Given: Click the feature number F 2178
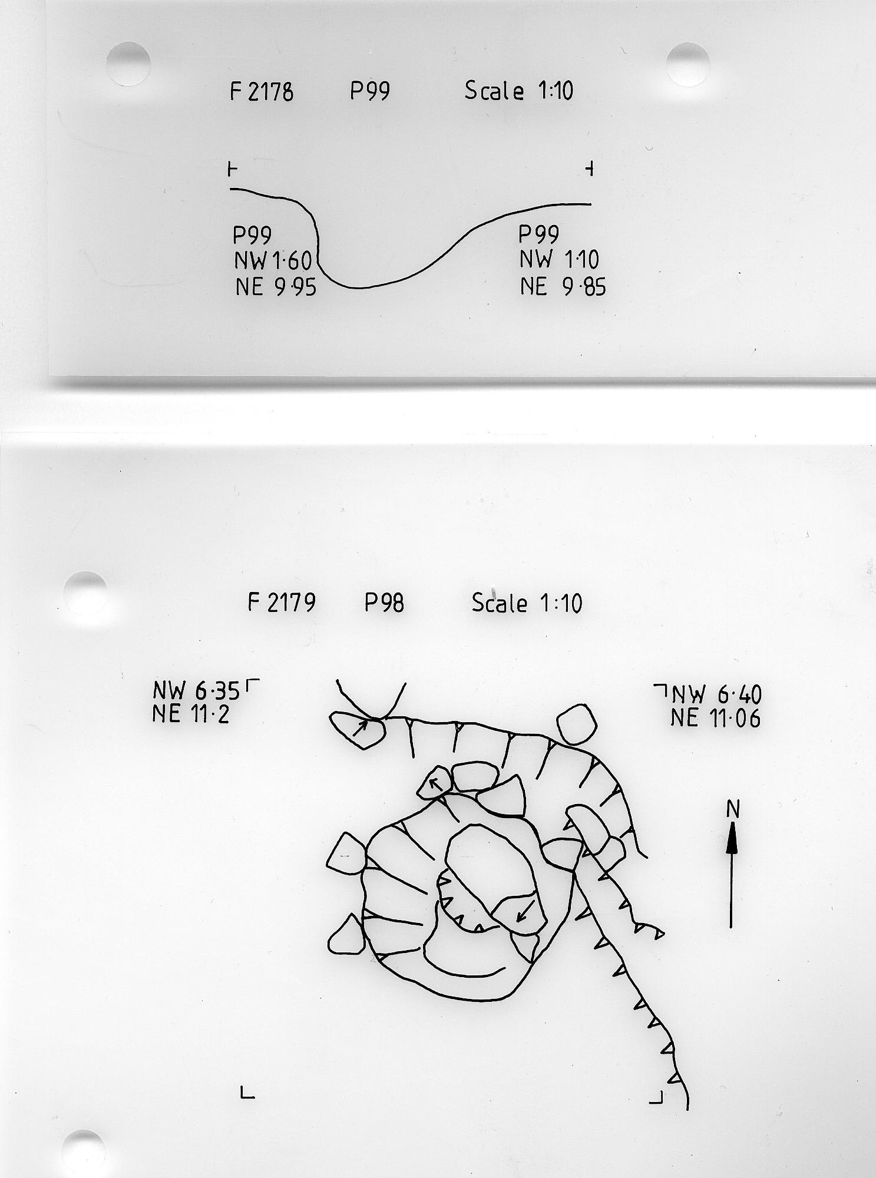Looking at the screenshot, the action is coord(262,92).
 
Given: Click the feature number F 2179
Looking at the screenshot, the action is coord(282,603).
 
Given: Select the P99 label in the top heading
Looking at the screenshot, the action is coord(370,91).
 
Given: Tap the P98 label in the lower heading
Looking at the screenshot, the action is coord(384,603).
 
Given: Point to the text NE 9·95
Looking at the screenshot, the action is coord(276,287).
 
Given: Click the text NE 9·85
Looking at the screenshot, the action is coord(563,286).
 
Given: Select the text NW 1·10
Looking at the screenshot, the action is coord(559,260).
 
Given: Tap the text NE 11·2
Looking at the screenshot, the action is coord(190,714).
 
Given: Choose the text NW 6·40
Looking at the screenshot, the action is coord(717,695).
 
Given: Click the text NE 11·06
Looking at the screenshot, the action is coord(716,719).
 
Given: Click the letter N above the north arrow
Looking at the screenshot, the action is coord(733,810).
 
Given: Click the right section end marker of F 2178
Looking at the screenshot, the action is coord(589,170).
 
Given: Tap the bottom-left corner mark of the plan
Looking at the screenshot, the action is coord(247,1092).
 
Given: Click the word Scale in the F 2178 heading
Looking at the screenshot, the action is coord(494,91).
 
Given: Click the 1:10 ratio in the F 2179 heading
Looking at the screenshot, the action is coord(560,603).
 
